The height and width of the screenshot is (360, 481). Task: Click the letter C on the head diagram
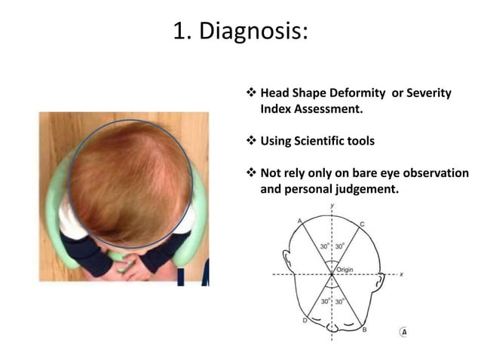pyautogui.click(x=362, y=224)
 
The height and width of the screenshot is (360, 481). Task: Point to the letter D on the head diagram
pyautogui.click(x=304, y=321)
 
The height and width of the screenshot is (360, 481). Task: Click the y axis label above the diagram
pyautogui.click(x=332, y=204)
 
